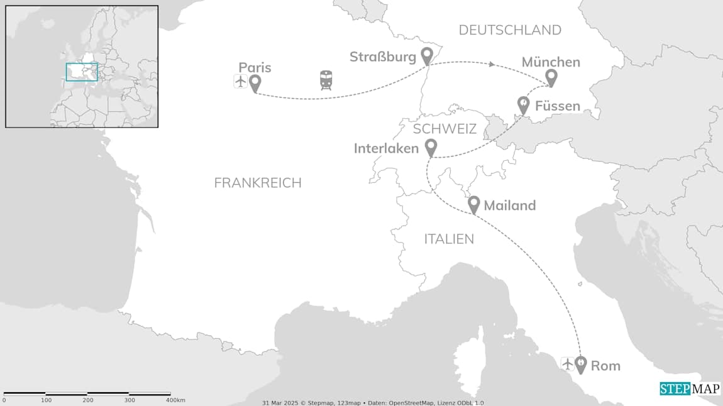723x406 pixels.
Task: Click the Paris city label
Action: coord(255,67)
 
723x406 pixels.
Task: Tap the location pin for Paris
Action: coord(255,83)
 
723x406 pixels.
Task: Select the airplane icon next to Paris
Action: coord(240,81)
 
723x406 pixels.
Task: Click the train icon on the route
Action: coord(326,80)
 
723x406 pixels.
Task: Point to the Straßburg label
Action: coord(383,57)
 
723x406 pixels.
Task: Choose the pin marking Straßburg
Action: coord(427,55)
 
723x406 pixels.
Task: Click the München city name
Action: coord(551,62)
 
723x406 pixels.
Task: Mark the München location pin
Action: coord(551,77)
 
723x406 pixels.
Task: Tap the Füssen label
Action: coord(557,106)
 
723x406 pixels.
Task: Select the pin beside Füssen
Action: coord(523,104)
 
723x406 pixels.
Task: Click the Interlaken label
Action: coord(386,149)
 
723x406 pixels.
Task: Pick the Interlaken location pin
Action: coord(431,148)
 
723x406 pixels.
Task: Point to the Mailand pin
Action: coord(474,204)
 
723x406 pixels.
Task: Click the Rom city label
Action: coord(605,366)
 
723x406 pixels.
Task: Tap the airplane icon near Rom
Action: coord(567,364)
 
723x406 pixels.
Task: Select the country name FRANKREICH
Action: coord(258,183)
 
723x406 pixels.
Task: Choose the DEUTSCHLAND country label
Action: coord(510,30)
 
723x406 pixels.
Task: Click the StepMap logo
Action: coord(690,389)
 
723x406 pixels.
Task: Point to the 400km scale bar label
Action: coord(175,400)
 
